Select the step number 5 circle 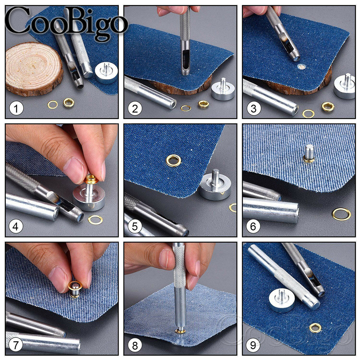[x=135, y=227]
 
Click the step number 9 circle [x=253, y=346]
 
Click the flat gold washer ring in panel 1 [x=53, y=105]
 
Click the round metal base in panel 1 [x=106, y=72]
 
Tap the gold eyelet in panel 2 [x=204, y=104]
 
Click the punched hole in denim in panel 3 [x=300, y=67]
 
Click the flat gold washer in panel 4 [x=95, y=219]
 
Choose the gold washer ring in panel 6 [x=341, y=214]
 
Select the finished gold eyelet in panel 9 [x=315, y=327]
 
